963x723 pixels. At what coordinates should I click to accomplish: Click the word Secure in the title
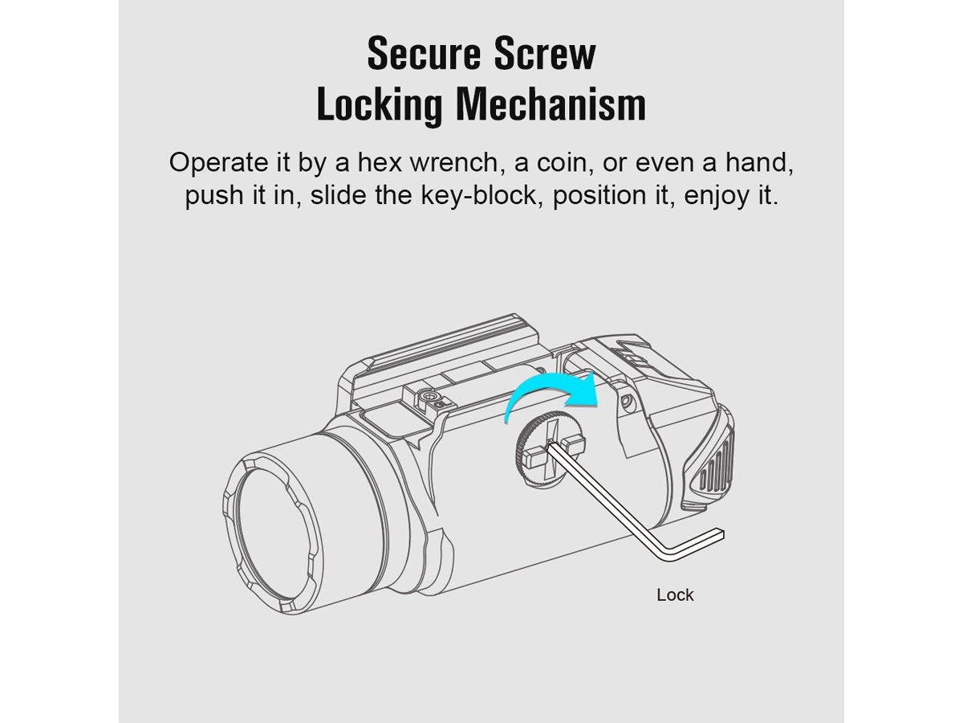pos(425,54)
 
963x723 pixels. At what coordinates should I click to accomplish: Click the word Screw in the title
pos(544,54)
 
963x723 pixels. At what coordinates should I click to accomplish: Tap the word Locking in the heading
pos(380,105)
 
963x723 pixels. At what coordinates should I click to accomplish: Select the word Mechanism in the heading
pos(551,104)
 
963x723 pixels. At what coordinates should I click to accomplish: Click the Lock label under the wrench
pos(675,595)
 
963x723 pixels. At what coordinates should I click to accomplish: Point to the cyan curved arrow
pos(548,385)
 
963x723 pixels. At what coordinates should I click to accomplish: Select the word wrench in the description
pos(454,163)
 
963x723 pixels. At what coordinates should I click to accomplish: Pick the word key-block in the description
pos(479,195)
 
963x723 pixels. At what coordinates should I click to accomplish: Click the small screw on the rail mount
pos(425,397)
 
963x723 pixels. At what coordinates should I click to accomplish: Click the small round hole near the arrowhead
pos(628,400)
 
